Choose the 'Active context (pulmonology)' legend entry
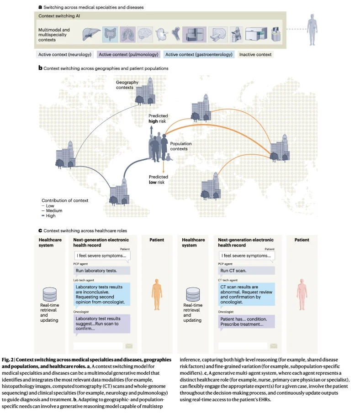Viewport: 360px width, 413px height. point(128,55)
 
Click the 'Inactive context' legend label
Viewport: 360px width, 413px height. point(255,55)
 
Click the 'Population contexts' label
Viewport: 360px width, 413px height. point(181,146)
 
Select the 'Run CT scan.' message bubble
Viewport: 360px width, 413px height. point(246,271)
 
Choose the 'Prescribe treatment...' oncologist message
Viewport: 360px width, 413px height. point(246,322)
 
